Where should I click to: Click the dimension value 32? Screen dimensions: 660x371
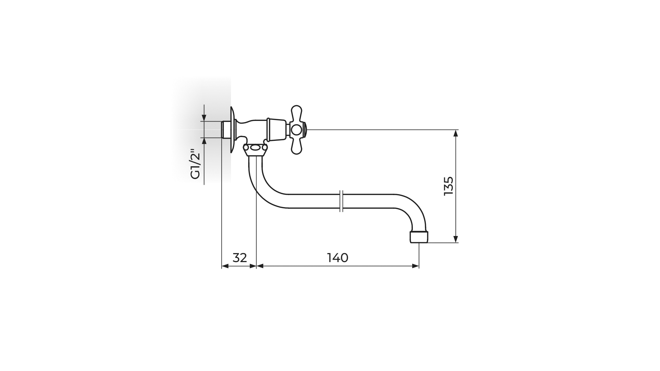(x=240, y=258)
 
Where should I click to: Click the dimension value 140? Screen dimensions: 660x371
(x=338, y=258)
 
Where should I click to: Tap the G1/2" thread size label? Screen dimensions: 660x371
(x=195, y=164)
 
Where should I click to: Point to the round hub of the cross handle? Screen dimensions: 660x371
(x=296, y=130)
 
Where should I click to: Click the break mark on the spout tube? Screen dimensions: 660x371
(x=341, y=201)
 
